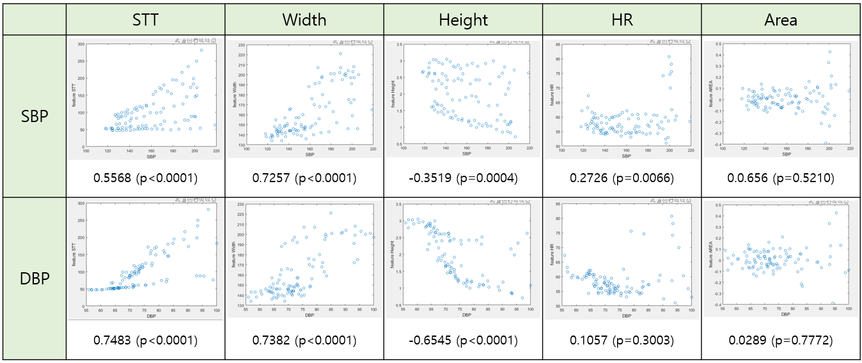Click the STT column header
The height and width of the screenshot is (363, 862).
(145, 20)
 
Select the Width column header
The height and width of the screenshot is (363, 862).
(304, 20)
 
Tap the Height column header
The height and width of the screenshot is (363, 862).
(463, 20)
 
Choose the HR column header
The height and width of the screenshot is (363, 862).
(622, 20)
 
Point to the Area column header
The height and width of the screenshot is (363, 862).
(781, 20)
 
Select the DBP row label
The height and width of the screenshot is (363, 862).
(35, 279)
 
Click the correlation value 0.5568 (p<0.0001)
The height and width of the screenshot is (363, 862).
(145, 178)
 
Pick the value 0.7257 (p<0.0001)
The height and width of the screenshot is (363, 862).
(304, 178)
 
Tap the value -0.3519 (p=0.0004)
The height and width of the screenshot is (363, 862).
(463, 178)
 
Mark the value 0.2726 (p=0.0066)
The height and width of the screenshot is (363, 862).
(622, 178)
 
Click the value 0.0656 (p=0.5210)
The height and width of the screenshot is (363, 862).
(781, 178)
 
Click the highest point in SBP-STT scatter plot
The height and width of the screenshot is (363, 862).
(201, 50)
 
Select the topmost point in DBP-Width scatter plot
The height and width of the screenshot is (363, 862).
(331, 213)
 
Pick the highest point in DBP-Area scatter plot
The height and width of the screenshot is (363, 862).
(836, 213)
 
